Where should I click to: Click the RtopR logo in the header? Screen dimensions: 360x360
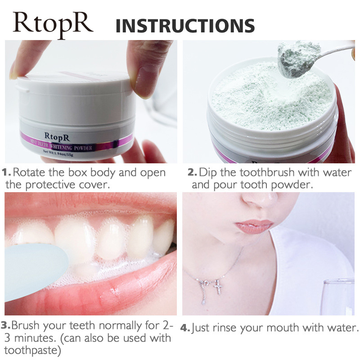click(53, 25)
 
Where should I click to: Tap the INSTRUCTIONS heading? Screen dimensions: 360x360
click(185, 26)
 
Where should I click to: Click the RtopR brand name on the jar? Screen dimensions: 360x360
click(57, 137)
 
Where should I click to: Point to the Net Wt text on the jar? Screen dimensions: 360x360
click(58, 153)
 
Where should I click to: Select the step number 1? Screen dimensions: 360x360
click(6, 172)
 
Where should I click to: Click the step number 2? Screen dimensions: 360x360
click(192, 172)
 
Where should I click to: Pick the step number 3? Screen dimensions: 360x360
click(5, 325)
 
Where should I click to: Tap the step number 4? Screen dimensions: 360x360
click(185, 328)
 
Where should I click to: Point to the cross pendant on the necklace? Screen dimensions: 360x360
click(217, 287)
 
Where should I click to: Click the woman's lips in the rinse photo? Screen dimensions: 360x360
click(253, 226)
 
